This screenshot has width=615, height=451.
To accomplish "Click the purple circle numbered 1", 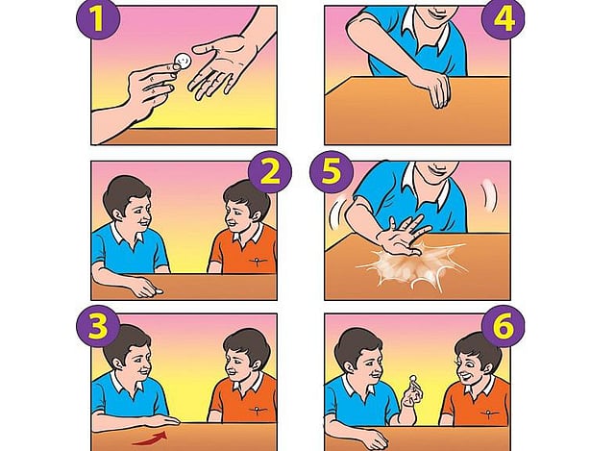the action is click(98, 18).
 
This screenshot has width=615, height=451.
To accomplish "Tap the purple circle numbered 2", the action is click(270, 172).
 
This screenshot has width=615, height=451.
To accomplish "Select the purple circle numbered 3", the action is click(98, 327).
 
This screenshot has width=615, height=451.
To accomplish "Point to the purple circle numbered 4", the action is click(504, 19).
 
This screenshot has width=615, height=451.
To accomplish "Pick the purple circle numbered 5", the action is click(332, 172).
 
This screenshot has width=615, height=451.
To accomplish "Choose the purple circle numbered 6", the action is click(504, 327).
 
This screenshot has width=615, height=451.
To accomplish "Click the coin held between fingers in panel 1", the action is click(182, 61).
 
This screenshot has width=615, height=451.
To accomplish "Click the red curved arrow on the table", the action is click(151, 438).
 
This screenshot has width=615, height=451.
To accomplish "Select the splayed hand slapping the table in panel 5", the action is click(402, 236).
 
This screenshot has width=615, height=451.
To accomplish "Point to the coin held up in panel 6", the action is click(412, 379).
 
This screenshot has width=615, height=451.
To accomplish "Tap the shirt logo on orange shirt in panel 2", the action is click(258, 261).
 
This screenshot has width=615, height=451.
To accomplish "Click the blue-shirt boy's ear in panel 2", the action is click(117, 214).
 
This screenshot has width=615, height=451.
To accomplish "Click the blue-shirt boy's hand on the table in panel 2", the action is click(146, 290).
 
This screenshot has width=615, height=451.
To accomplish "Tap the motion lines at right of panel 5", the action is click(489, 195).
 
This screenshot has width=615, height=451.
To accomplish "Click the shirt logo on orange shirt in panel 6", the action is click(489, 413).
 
